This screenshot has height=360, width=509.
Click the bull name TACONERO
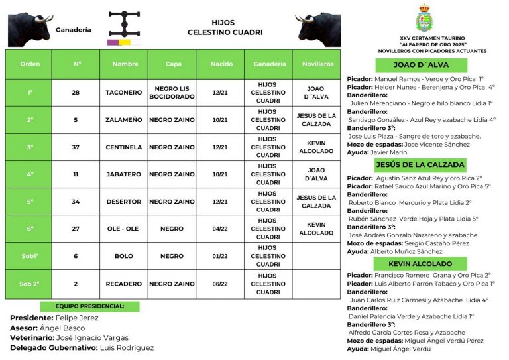tap(123, 93)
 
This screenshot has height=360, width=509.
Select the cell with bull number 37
tap(76, 147)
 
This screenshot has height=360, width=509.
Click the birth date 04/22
tap(220, 229)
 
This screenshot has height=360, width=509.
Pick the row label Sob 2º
tap(29, 284)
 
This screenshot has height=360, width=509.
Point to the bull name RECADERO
tap(123, 284)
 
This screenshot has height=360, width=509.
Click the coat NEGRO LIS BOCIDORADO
tap(172, 93)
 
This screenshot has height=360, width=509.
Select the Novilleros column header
tap(317, 64)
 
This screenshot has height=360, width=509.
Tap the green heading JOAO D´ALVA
tap(421, 65)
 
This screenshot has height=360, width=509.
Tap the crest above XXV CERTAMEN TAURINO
tap(424, 20)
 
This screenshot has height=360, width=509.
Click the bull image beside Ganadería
tap(29, 29)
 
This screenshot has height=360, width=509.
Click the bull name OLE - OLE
tap(123, 229)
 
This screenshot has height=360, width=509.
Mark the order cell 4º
tap(29, 174)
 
